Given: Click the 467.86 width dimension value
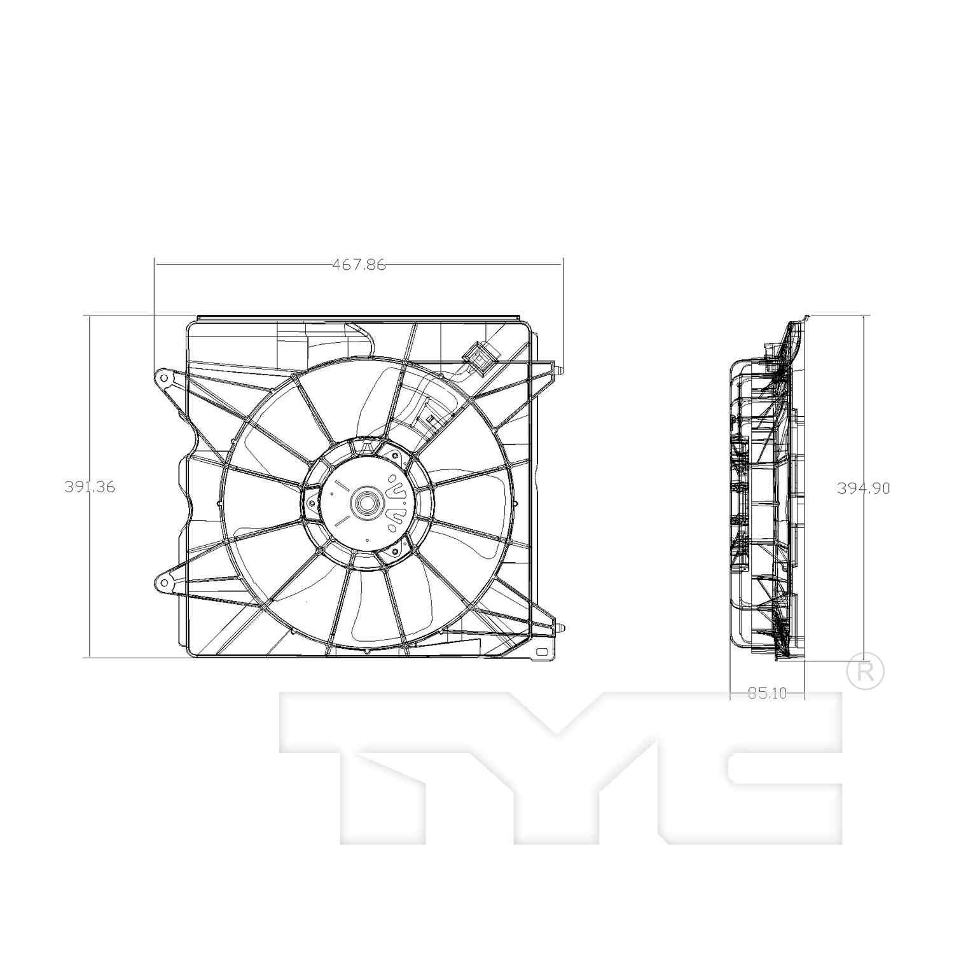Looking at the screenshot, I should click(359, 265).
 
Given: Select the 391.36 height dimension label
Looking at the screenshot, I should click(90, 487).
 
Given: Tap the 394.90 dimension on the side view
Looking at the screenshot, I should click(862, 488).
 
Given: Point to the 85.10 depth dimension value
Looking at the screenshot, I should click(767, 693).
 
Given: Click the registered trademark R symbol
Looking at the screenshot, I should click(866, 672).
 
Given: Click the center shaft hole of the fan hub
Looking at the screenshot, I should click(366, 503).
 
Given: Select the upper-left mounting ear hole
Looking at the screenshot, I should click(164, 378).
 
